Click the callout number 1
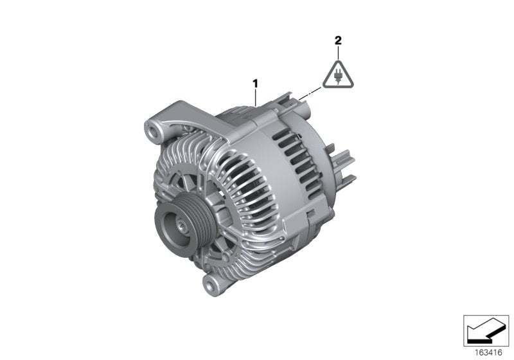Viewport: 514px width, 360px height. click(x=255, y=83)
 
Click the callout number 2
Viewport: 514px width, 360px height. click(x=338, y=40)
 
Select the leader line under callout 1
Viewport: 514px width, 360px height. click(x=256, y=97)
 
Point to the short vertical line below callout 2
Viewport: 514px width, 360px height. click(x=338, y=52)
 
